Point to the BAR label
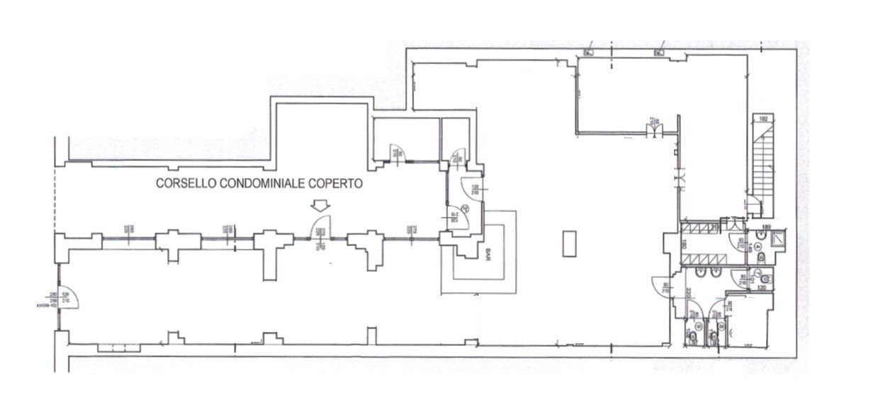tap(488, 253)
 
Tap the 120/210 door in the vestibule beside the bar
tap(471, 189)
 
